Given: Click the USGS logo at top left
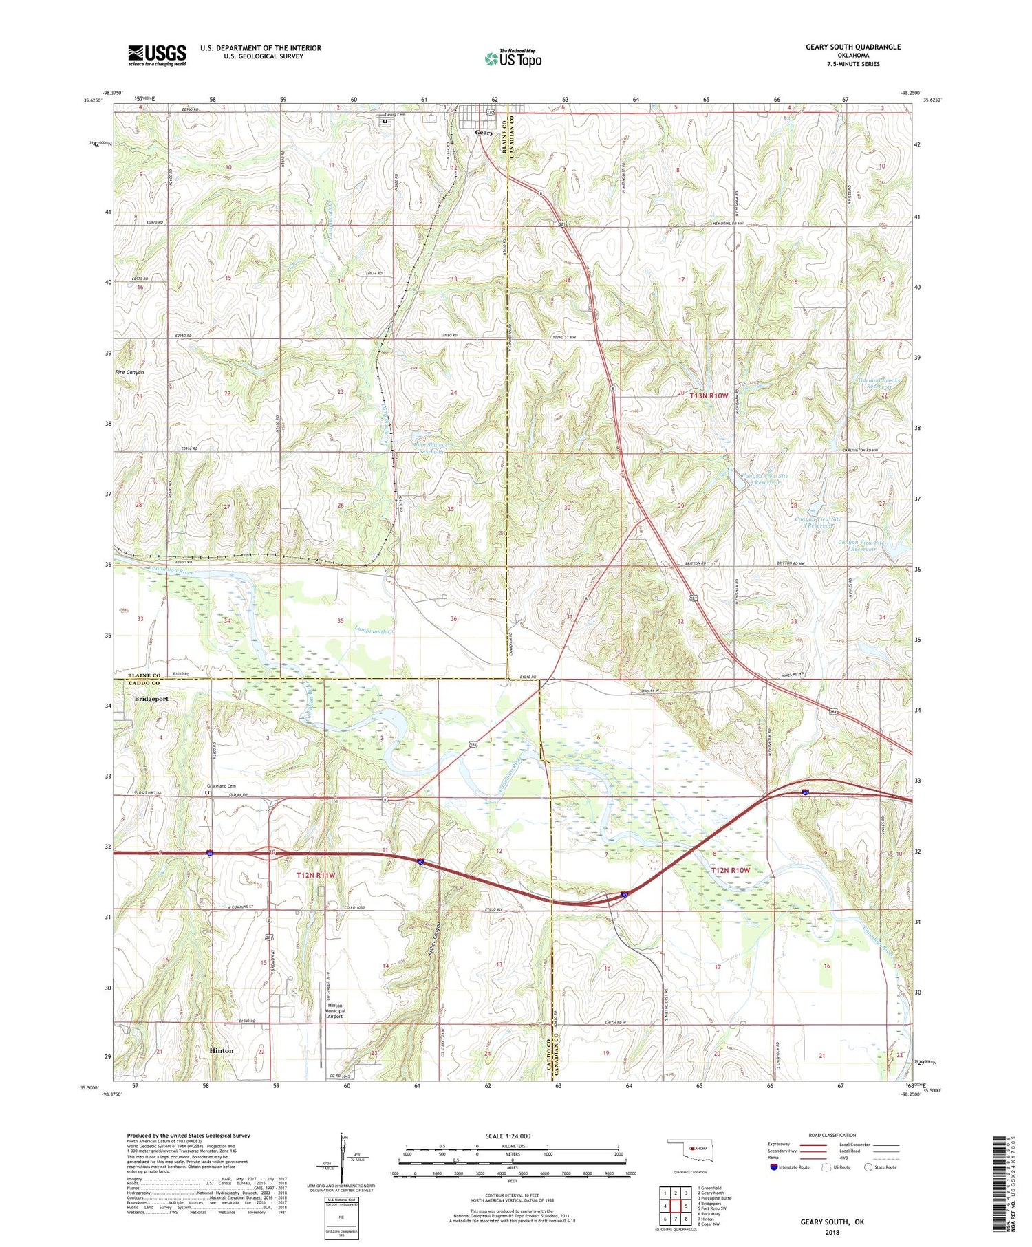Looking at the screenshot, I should [x=157, y=55].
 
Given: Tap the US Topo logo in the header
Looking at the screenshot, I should [x=513, y=59].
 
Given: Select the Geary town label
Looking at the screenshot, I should [x=484, y=133].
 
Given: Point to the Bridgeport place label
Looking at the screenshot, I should [x=151, y=699].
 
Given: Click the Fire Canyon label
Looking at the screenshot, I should [x=129, y=372].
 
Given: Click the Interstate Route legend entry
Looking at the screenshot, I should [x=788, y=1167].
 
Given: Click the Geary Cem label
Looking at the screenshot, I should [x=396, y=115].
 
